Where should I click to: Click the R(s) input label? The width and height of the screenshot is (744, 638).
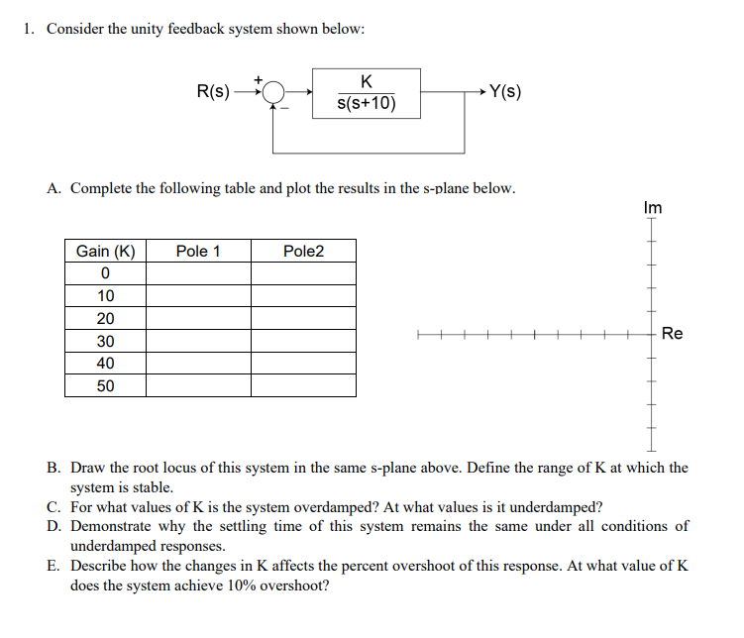213,92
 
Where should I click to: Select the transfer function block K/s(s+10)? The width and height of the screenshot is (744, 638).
367,92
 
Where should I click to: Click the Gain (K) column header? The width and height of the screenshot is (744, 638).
105,251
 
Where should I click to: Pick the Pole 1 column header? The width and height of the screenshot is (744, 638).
197,251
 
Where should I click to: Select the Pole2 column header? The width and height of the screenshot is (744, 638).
303,251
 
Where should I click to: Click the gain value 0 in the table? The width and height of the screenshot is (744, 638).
105,273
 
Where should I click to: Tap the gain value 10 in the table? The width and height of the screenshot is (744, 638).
105,296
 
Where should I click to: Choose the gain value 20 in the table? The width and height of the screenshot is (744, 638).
105,318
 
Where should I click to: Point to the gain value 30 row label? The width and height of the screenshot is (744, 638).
105,341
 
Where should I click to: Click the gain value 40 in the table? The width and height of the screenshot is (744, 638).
105,364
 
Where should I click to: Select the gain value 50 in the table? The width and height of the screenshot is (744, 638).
105,385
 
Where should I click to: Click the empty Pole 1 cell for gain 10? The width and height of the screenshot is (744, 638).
197,296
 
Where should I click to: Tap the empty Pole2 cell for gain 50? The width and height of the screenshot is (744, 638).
303,385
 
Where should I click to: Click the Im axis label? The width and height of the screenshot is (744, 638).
652,208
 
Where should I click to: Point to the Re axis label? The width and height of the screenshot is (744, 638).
672,334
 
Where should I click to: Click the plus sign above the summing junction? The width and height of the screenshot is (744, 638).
260,76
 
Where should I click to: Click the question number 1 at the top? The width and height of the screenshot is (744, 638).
30,29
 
